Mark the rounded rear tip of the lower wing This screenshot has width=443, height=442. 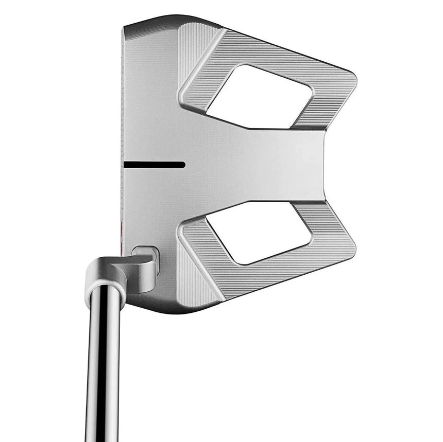(350, 244)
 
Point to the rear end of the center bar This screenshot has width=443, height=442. (322, 165)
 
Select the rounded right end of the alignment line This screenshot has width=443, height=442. (183, 165)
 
